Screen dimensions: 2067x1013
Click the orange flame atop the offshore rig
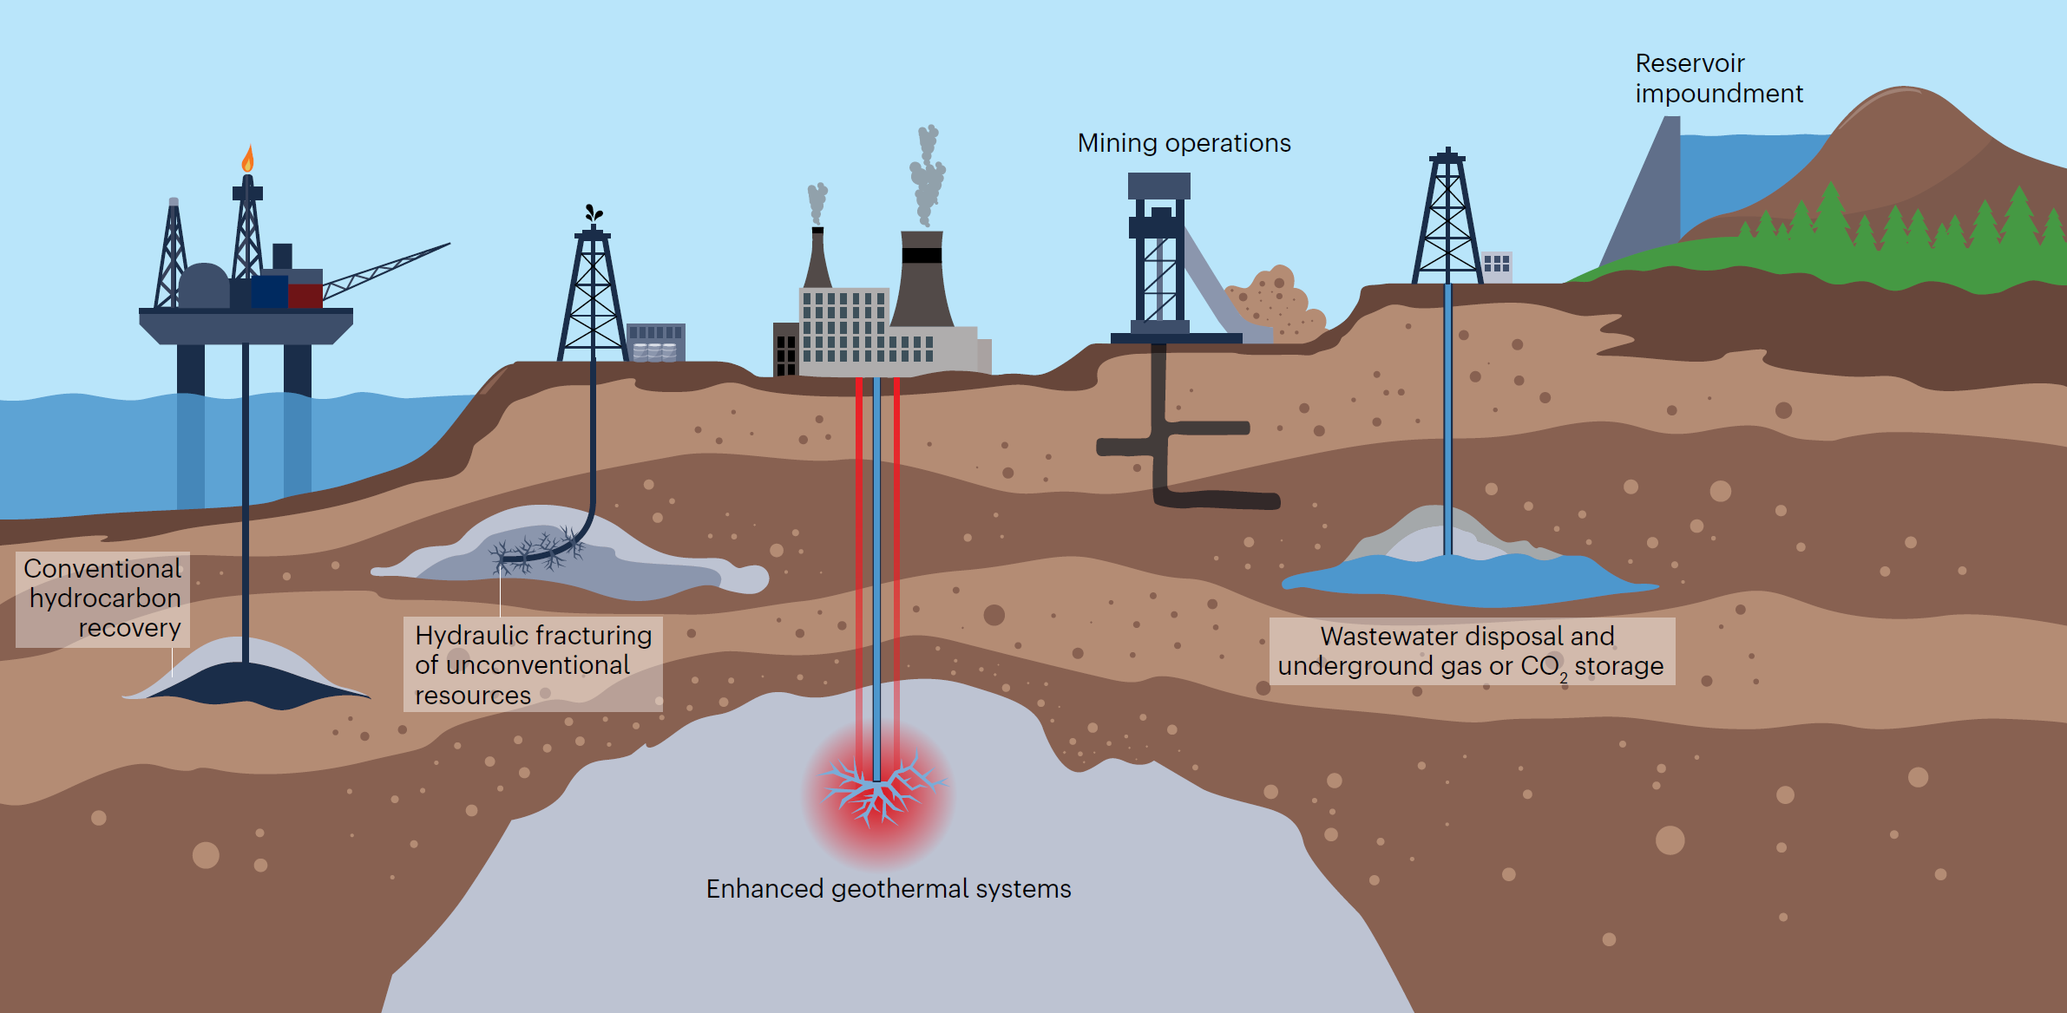coord(248,159)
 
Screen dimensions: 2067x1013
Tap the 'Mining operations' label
coord(1184,143)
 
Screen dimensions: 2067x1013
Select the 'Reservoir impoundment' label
coord(1718,78)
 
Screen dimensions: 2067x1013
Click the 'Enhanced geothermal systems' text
coord(889,889)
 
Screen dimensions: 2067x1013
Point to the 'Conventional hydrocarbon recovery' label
coord(102,598)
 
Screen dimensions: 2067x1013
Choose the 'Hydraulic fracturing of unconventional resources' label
coord(533,664)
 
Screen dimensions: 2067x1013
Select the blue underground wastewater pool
coord(1469,579)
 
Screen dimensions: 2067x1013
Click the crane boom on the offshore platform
coord(387,271)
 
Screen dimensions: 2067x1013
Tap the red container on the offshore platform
coord(305,296)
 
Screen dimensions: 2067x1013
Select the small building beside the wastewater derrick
coord(1496,265)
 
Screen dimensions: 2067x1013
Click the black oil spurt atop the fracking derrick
coord(594,212)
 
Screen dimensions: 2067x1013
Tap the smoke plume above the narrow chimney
coord(817,204)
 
